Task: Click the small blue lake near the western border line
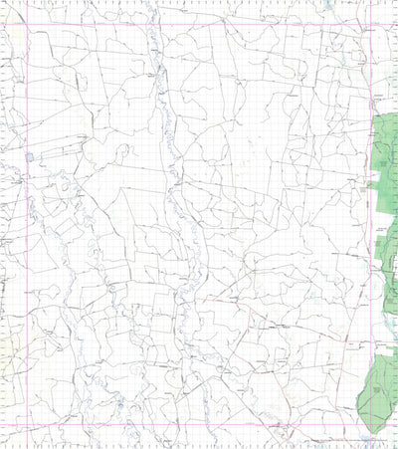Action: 30,156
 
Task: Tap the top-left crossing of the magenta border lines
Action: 27,24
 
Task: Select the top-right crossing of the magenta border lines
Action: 369,24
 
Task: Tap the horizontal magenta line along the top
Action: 199,24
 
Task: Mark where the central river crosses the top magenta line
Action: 151,24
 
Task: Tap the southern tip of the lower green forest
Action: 370,432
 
